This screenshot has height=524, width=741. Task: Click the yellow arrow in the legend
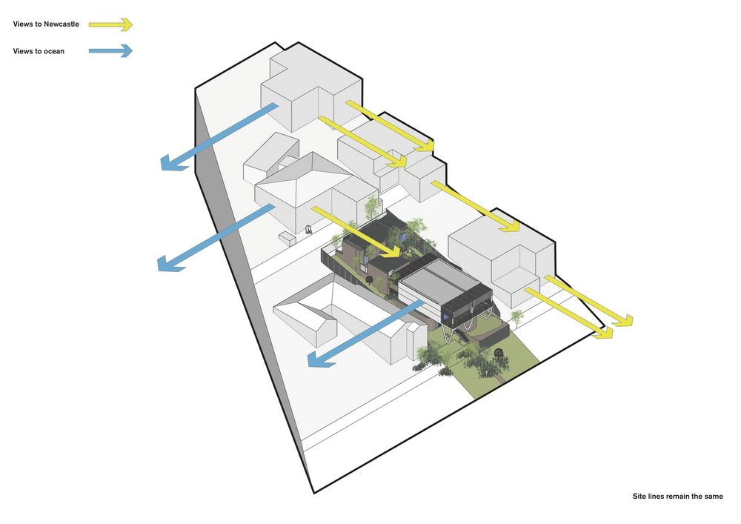coord(110,24)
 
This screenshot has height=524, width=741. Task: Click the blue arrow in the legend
coord(110,50)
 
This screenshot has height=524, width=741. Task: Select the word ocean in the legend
coord(54,51)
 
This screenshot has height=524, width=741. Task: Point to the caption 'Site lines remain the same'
coord(677,496)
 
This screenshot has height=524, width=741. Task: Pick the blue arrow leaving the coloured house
coord(365,333)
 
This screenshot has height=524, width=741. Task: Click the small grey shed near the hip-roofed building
coord(287,238)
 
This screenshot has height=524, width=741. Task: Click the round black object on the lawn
coord(498,353)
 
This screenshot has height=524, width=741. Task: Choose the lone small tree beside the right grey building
coord(516,317)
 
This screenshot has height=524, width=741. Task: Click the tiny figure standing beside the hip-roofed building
coord(308,230)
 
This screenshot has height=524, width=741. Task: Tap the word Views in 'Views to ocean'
coord(22,51)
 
